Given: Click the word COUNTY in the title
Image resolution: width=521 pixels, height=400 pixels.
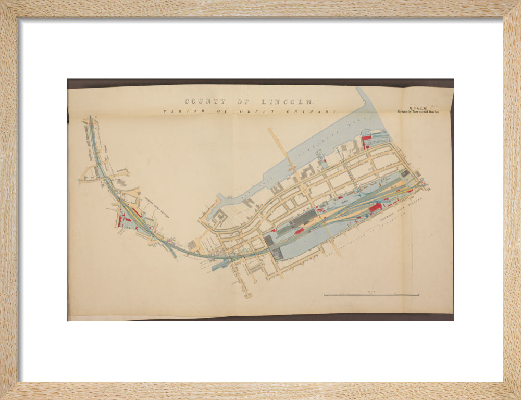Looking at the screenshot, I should (x=205, y=102).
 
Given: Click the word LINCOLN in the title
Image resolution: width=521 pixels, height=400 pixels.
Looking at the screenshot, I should (x=282, y=102).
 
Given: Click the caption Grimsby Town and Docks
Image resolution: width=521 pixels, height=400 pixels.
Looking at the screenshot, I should (x=418, y=111).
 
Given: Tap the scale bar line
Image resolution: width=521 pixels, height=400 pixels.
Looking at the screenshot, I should (x=371, y=295).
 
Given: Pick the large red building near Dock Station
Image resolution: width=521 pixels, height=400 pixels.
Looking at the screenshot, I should (x=375, y=208).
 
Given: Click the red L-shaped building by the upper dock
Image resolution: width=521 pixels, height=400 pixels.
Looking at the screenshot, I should (x=366, y=140).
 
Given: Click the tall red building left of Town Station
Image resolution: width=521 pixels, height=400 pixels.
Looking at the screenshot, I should (x=119, y=221).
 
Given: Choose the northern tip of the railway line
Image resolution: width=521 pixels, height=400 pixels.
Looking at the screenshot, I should (x=91, y=119).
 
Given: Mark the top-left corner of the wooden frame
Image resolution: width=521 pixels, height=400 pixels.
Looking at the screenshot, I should (x=2, y=2).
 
